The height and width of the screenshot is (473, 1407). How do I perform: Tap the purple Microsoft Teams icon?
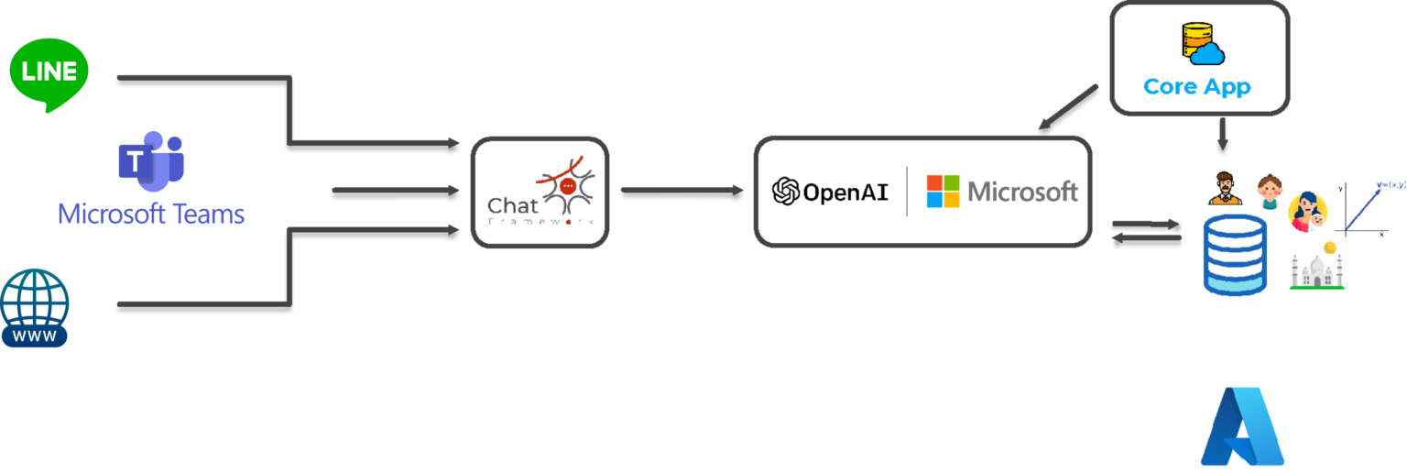(150, 161)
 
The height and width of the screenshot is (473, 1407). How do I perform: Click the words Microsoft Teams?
(151, 214)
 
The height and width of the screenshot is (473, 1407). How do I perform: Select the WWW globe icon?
(35, 308)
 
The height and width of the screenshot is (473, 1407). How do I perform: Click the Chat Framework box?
(540, 192)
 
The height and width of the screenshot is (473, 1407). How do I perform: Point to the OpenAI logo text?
(830, 192)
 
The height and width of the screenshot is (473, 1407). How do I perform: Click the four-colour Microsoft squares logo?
(943, 191)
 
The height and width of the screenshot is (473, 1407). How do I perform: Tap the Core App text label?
(1197, 87)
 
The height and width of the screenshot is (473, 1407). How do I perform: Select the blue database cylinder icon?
(1236, 256)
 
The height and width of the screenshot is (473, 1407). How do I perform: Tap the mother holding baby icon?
(1307, 214)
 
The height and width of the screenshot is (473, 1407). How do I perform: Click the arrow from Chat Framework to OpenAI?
(682, 190)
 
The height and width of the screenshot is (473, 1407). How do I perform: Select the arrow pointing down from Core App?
(1221, 134)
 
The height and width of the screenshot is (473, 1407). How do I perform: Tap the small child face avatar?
(1268, 192)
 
